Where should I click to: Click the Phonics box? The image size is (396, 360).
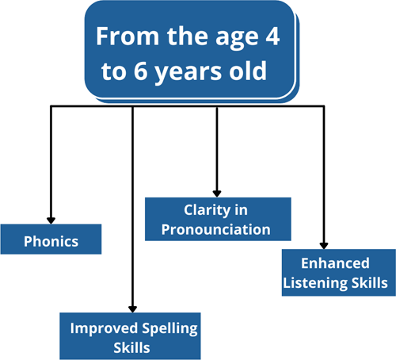(x=51, y=239)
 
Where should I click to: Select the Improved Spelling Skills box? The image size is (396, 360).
(x=130, y=336)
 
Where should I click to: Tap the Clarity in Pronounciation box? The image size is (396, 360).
(x=218, y=219)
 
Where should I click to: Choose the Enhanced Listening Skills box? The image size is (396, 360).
(x=339, y=273)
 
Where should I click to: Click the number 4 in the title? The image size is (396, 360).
(x=272, y=36)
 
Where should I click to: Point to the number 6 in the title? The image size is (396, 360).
(x=140, y=71)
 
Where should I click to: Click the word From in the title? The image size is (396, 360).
(x=128, y=36)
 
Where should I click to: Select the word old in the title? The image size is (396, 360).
(x=248, y=71)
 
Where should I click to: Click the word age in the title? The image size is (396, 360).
(x=236, y=38)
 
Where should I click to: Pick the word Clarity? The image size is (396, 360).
(x=208, y=211)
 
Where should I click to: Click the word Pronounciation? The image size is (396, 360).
(x=216, y=229)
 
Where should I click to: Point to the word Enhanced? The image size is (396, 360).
(x=335, y=263)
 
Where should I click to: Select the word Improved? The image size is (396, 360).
(x=104, y=329)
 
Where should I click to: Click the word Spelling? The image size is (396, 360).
(x=169, y=329)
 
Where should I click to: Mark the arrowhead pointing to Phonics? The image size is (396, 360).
(x=51, y=220)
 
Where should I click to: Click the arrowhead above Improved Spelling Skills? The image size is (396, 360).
(x=132, y=309)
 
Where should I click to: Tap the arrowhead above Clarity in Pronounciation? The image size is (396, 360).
(x=217, y=193)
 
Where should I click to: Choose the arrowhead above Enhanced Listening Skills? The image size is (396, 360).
(x=324, y=246)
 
